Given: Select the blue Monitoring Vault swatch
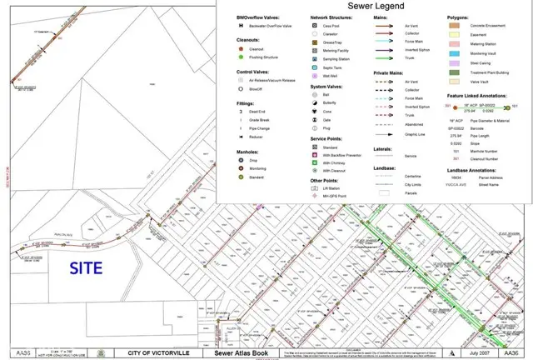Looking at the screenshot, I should coord(454,53).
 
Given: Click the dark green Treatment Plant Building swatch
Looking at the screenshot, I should coord(454,72).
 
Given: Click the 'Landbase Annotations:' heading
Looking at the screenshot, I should coord(474,171).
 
